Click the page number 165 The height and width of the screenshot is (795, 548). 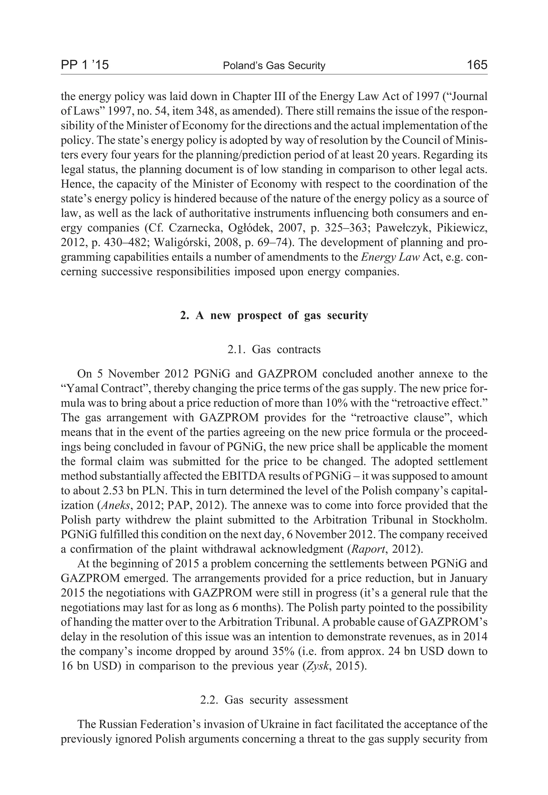(477, 65)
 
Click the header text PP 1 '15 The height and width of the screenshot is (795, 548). (85, 65)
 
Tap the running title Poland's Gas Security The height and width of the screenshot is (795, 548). (274, 65)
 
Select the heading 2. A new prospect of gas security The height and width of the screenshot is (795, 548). (274, 315)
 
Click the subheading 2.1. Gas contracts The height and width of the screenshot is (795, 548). (274, 349)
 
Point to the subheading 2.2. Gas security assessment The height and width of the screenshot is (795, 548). (274, 699)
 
